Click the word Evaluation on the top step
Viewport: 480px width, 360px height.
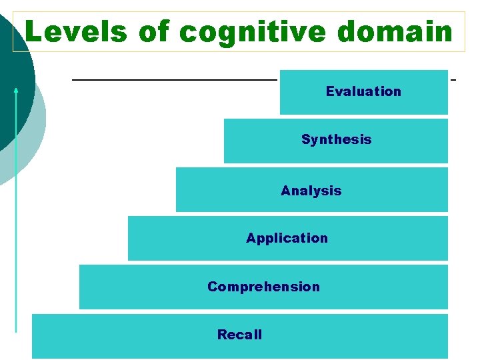tap(363, 91)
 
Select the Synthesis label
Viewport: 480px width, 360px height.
tap(336, 139)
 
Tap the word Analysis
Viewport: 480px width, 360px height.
tap(311, 191)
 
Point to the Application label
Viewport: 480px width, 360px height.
tap(287, 238)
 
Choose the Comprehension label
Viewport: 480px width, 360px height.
tap(263, 287)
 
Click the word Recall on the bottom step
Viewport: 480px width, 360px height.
tap(239, 335)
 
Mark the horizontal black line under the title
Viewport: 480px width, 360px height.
tap(173, 80)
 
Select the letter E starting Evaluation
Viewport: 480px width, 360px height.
tap(329, 91)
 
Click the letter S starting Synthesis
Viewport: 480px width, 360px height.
tap(305, 139)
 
